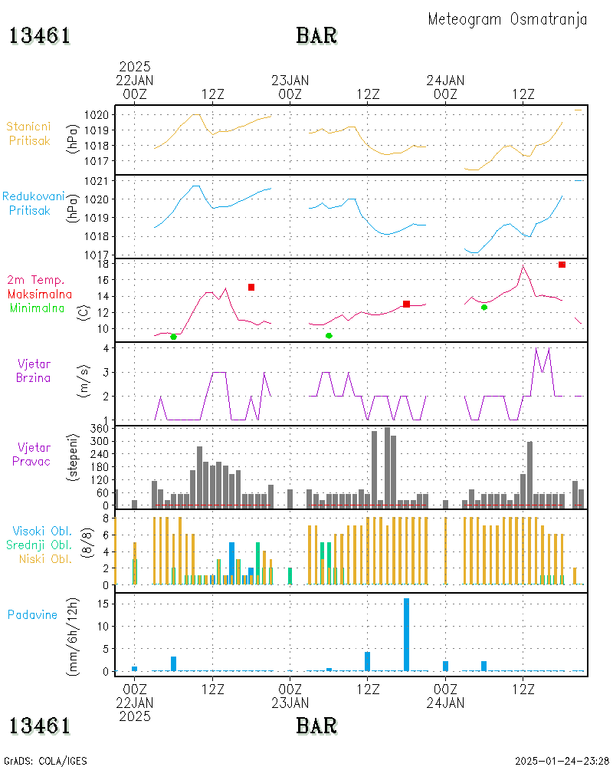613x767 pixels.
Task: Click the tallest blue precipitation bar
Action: pos(406,634)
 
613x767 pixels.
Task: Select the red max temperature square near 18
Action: pos(562,265)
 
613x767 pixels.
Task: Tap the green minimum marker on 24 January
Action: pos(484,307)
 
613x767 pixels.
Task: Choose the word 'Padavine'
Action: pos(33,614)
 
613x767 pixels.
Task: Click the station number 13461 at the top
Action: pos(40,35)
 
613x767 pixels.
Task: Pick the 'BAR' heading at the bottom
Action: pos(316,724)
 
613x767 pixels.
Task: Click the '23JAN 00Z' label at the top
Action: pos(290,86)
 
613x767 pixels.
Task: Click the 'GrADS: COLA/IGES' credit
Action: pos(45,761)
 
